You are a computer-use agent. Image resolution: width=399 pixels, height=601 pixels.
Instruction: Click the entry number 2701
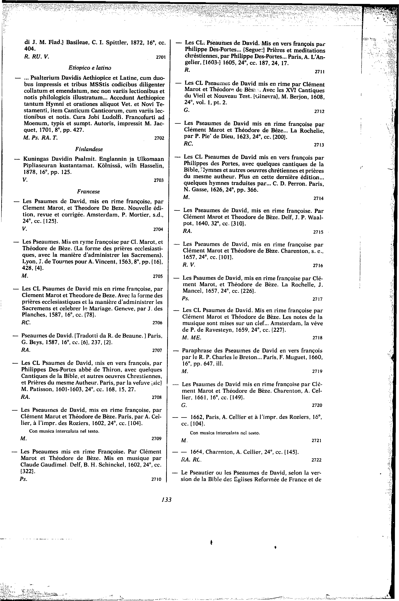161,57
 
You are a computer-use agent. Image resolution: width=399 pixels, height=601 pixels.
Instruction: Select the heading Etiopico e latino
90,68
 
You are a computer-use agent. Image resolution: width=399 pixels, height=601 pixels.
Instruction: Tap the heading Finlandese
89,149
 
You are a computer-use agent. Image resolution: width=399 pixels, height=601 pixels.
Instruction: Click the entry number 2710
156,479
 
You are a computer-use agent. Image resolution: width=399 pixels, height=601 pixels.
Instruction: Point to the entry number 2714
318,198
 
